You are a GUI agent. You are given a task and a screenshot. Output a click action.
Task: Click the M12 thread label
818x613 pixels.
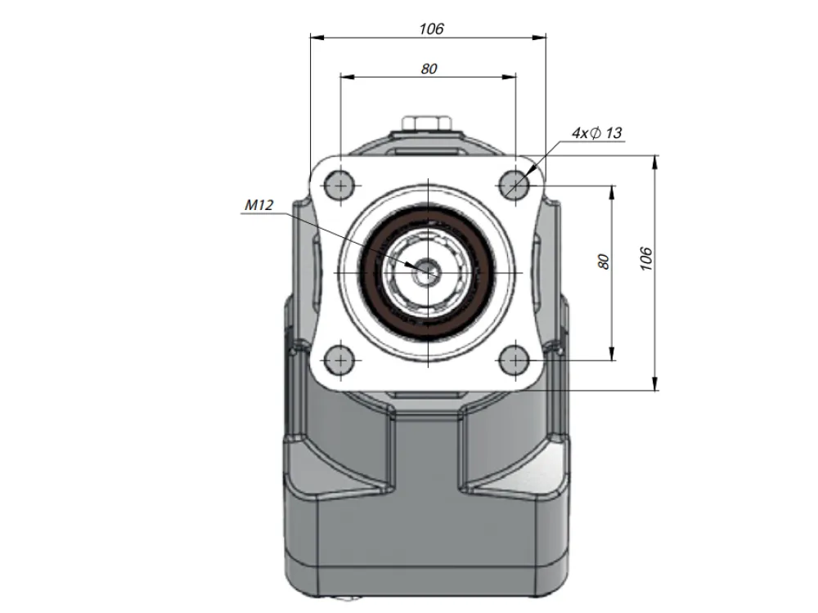click(258, 205)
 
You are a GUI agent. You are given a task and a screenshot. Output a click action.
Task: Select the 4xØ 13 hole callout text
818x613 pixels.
click(597, 133)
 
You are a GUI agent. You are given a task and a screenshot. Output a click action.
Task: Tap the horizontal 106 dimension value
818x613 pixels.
click(431, 29)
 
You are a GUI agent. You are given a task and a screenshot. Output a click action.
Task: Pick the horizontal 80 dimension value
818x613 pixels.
click(429, 69)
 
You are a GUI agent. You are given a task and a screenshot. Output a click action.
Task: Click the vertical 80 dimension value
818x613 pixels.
click(604, 262)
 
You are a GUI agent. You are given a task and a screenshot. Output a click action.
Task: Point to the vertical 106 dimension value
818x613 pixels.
click(646, 258)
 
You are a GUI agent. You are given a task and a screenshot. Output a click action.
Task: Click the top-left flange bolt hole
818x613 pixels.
click(340, 185)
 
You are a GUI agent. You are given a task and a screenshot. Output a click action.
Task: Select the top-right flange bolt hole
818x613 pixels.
click(515, 185)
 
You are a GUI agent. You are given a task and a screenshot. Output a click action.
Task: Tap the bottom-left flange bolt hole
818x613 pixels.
click(340, 360)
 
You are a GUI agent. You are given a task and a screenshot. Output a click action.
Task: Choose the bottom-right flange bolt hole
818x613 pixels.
click(515, 360)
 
